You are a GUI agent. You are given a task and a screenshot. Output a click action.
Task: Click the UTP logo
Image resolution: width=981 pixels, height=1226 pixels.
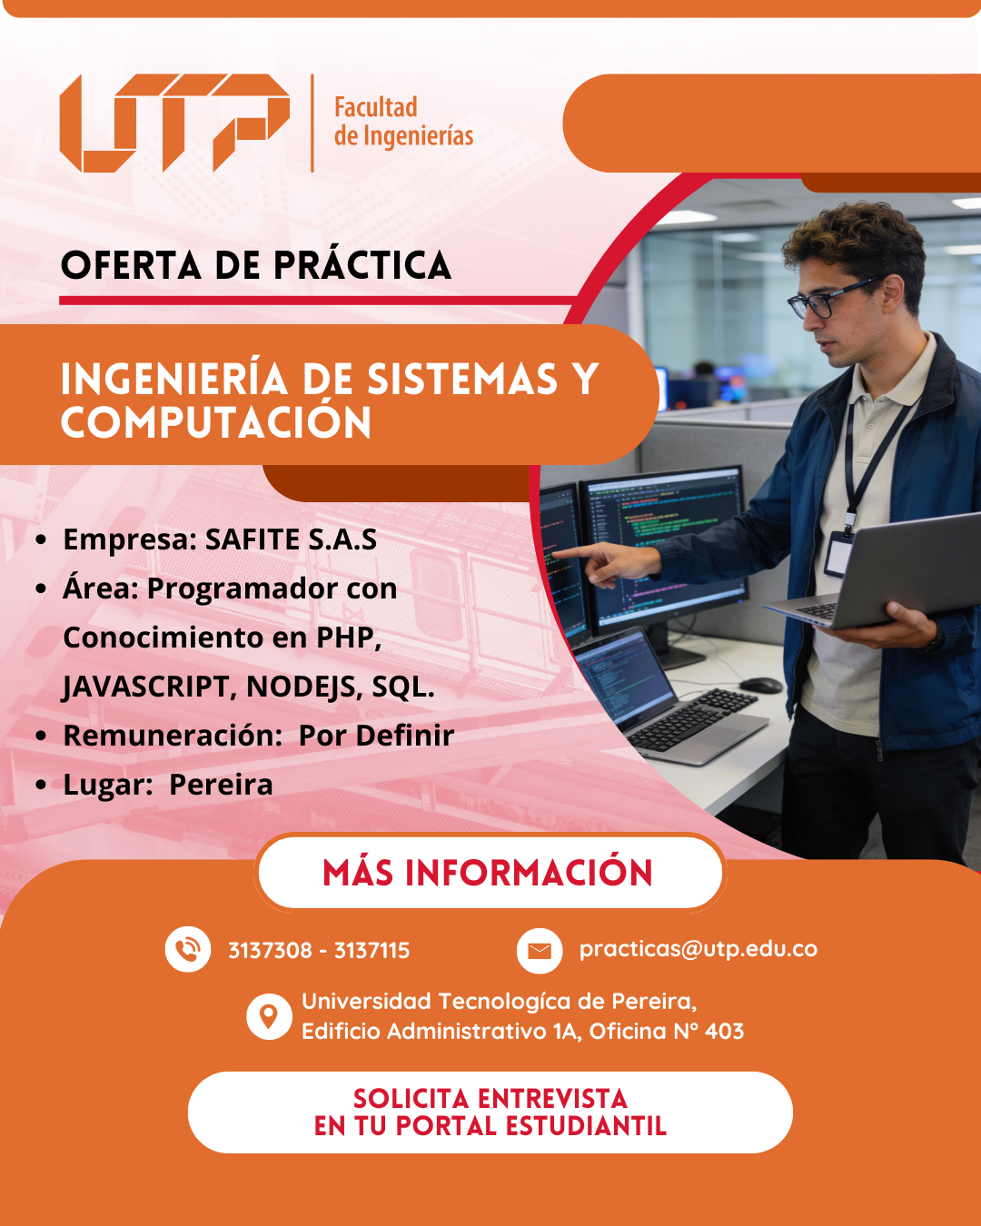tap(174, 123)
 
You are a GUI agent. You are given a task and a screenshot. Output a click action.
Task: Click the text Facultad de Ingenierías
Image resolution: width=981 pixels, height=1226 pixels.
tap(403, 122)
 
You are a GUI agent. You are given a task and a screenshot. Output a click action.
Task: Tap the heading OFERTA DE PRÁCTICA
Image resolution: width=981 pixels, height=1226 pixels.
tap(256, 265)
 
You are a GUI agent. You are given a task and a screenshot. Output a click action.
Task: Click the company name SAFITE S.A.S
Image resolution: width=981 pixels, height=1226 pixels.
tap(291, 539)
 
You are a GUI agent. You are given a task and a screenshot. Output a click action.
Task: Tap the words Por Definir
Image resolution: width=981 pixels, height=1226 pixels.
tap(376, 735)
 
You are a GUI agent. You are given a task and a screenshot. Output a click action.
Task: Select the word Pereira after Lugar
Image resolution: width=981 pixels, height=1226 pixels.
tap(221, 785)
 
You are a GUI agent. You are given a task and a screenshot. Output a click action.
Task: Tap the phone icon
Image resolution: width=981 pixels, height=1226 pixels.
tap(187, 949)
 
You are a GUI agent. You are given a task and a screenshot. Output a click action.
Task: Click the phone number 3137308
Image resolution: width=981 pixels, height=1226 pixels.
tap(270, 950)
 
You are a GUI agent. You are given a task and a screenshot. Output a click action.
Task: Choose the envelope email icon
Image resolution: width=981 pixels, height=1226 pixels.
tap(540, 950)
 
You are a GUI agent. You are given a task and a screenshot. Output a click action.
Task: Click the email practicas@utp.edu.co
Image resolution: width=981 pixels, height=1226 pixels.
tap(699, 949)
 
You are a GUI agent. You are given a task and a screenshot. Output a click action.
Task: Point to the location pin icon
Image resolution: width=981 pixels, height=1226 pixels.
tap(269, 1016)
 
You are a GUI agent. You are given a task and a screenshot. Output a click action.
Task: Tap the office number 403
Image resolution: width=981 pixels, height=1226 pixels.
tap(724, 1031)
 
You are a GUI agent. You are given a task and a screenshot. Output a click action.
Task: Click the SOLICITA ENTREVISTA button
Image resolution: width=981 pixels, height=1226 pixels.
tap(490, 1112)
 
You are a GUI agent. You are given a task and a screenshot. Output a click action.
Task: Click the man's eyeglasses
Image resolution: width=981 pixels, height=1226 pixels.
tap(835, 299)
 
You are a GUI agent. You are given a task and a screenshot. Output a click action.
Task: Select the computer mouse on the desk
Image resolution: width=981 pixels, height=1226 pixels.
tap(760, 685)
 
